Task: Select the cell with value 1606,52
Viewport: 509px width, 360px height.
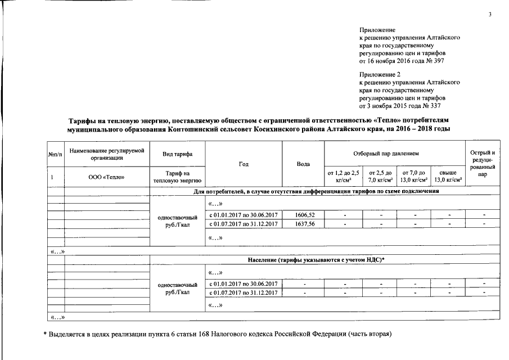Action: tap(304, 215)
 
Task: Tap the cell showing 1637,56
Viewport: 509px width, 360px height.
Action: tap(304, 223)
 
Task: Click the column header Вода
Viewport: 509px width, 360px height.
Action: tap(304, 164)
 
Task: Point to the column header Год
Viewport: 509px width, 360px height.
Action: tap(244, 164)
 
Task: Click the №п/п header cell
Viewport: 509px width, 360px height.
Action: tap(55, 154)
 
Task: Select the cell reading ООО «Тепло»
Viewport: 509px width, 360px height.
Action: tap(106, 177)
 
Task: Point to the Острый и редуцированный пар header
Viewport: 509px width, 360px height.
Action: tap(483, 164)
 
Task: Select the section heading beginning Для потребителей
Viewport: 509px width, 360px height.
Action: tap(316, 191)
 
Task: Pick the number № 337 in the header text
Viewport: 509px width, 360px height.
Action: tap(438, 105)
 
